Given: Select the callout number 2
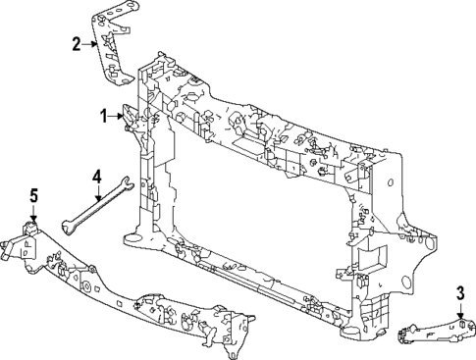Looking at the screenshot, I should pyautogui.click(x=77, y=43).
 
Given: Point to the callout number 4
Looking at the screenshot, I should pyautogui.click(x=97, y=177).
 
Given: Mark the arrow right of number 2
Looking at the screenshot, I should pyautogui.click(x=90, y=43).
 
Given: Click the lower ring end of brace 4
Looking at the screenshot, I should pyautogui.click(x=66, y=226).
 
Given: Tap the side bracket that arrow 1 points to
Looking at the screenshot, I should pyautogui.click(x=131, y=123).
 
